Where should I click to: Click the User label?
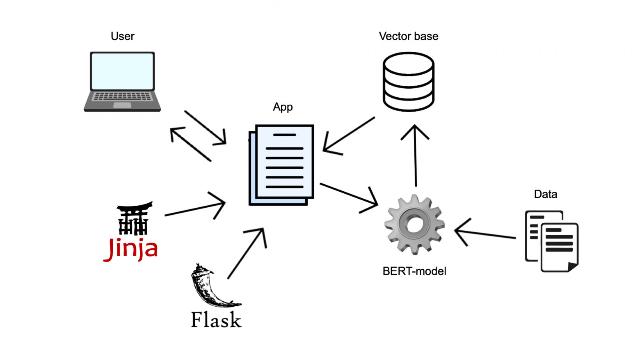click(122, 36)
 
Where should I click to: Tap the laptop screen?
click(122, 71)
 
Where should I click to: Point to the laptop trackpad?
click(122, 105)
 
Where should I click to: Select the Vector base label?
click(409, 36)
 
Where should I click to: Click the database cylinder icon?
click(409, 82)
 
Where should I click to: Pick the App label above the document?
click(283, 107)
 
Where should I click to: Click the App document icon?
click(281, 165)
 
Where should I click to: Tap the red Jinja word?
click(130, 249)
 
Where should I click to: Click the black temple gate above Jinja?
click(134, 218)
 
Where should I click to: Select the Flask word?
click(216, 319)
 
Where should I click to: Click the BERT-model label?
click(414, 271)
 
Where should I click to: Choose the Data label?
click(545, 194)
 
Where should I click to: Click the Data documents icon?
click(552, 241)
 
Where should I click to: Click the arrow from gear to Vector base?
click(415, 156)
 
